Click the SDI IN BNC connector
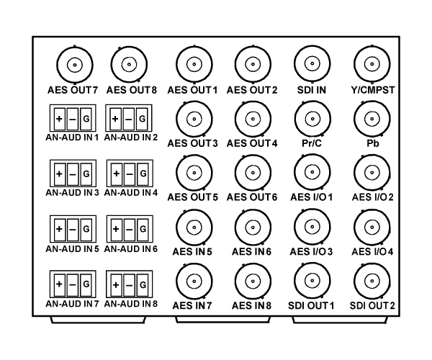point(312,63)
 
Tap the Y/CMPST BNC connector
point(372,64)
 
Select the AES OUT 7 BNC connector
point(75,65)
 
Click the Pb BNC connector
point(372,119)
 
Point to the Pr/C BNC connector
point(312,119)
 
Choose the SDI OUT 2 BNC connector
point(372,282)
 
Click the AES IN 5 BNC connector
point(194,228)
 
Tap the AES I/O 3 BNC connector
point(312,227)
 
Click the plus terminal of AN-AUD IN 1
point(59,119)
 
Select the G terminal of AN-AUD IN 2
point(142,119)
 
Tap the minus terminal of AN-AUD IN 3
point(73,174)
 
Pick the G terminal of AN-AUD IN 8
point(143,285)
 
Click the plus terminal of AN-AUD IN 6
point(116,229)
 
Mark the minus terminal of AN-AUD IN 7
point(73,284)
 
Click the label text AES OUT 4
point(252,143)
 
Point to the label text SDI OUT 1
point(311,306)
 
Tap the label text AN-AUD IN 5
point(72,249)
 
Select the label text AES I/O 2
point(372,197)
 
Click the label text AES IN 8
point(251,306)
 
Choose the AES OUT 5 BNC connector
point(194,173)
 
